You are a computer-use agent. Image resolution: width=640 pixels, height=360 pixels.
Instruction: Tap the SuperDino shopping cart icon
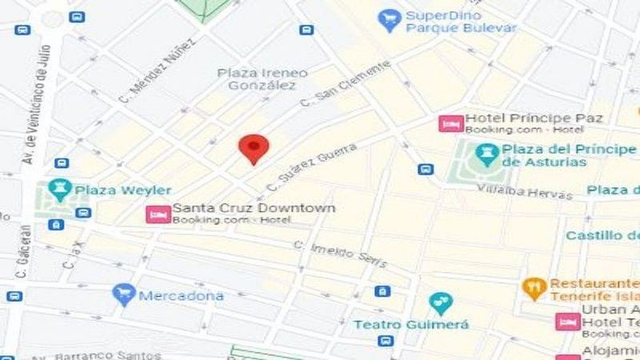point(390,19)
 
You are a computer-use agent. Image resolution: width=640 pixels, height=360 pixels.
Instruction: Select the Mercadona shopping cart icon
point(123,295)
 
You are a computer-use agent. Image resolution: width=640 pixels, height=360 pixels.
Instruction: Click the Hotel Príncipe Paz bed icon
point(450,123)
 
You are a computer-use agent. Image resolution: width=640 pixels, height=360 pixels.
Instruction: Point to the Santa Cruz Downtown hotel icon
point(157,214)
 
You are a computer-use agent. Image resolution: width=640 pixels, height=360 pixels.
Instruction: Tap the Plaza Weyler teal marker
point(60,190)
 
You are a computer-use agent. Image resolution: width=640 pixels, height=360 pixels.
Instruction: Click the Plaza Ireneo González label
point(257,78)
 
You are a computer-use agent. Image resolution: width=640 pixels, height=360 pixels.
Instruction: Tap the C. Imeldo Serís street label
point(339,254)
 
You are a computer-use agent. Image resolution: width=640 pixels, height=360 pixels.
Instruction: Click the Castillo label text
point(602,235)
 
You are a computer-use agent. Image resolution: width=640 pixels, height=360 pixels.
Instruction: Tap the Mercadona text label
point(181,296)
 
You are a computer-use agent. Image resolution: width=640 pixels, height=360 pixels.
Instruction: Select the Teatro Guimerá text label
point(411,325)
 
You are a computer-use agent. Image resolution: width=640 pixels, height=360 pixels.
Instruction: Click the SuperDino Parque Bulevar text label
point(461,22)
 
